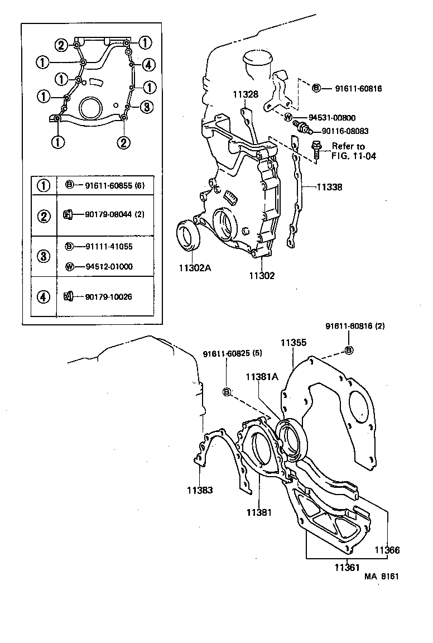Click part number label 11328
[246, 95]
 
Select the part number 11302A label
[195, 268]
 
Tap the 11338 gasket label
[329, 188]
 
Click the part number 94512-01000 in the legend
[109, 266]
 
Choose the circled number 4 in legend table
[43, 296]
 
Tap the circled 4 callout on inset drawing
[147, 65]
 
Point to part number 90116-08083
[344, 131]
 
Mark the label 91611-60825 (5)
[232, 353]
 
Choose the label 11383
[200, 490]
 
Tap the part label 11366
[387, 550]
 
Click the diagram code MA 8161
[382, 577]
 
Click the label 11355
[293, 343]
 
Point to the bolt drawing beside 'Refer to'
[316, 150]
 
